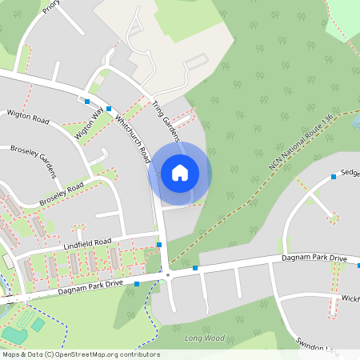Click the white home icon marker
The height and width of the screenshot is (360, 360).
[180, 173]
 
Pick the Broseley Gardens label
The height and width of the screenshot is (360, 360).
[34, 161]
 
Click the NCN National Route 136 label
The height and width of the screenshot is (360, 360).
[301, 145]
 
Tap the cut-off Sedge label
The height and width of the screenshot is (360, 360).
[350, 172]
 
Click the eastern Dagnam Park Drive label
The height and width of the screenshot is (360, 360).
[315, 259]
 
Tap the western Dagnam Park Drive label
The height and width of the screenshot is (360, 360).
[91, 286]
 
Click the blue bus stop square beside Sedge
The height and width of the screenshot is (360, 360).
[334, 177]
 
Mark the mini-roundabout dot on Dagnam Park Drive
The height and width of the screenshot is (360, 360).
[167, 275]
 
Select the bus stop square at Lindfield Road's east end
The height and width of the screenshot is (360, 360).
[159, 244]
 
